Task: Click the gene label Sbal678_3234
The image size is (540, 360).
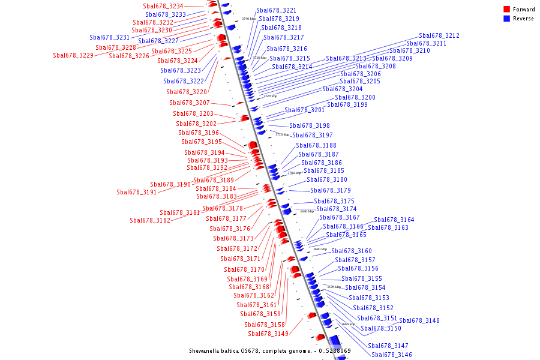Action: (x=163, y=6)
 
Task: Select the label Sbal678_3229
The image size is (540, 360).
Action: (x=73, y=55)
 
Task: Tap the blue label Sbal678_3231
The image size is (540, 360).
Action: (x=110, y=37)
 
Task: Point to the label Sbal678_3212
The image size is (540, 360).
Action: (x=439, y=36)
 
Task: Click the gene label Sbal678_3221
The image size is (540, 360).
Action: (x=276, y=10)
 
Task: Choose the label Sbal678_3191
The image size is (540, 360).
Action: (x=137, y=193)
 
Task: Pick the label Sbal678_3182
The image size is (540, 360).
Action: (x=150, y=220)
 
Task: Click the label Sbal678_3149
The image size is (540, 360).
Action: (x=268, y=334)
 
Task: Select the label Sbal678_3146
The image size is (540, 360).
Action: (x=392, y=355)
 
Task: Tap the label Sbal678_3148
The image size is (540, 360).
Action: (x=419, y=320)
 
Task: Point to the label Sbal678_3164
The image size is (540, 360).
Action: (x=394, y=220)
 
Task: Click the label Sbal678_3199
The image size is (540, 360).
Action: (x=347, y=104)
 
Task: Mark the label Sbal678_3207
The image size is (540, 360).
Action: (x=190, y=103)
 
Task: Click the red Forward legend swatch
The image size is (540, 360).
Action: (x=507, y=10)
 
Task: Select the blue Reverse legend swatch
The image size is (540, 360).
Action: (x=507, y=19)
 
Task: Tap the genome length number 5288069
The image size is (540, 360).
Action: (x=338, y=350)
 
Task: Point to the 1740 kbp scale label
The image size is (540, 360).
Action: (x=248, y=19)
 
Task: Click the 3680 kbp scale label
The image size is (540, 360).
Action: (x=320, y=249)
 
